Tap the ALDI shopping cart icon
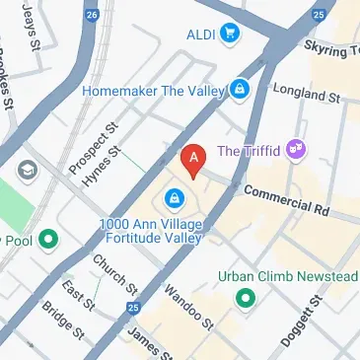click(232, 35)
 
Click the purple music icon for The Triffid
click(296, 151)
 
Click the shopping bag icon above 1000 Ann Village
click(174, 199)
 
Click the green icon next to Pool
click(46, 238)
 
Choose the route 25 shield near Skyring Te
click(318, 15)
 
